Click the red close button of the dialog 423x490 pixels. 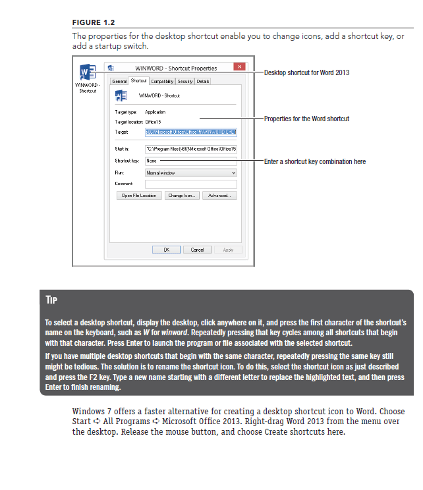pos(239,67)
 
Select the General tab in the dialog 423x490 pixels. pos(119,81)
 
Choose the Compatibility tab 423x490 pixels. pos(161,81)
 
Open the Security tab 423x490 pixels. pos(185,81)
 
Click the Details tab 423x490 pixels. pos(203,81)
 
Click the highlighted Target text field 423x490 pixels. pos(190,132)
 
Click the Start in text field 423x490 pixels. pos(190,150)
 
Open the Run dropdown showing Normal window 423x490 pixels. pos(190,172)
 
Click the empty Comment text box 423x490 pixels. pos(190,184)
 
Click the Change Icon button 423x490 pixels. pos(181,196)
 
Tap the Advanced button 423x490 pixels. pos(219,196)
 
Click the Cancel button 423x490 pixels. pos(197,250)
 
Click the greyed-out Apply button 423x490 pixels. pos(228,250)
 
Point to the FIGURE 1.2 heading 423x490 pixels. pos(94,22)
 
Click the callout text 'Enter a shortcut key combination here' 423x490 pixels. pos(314,161)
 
